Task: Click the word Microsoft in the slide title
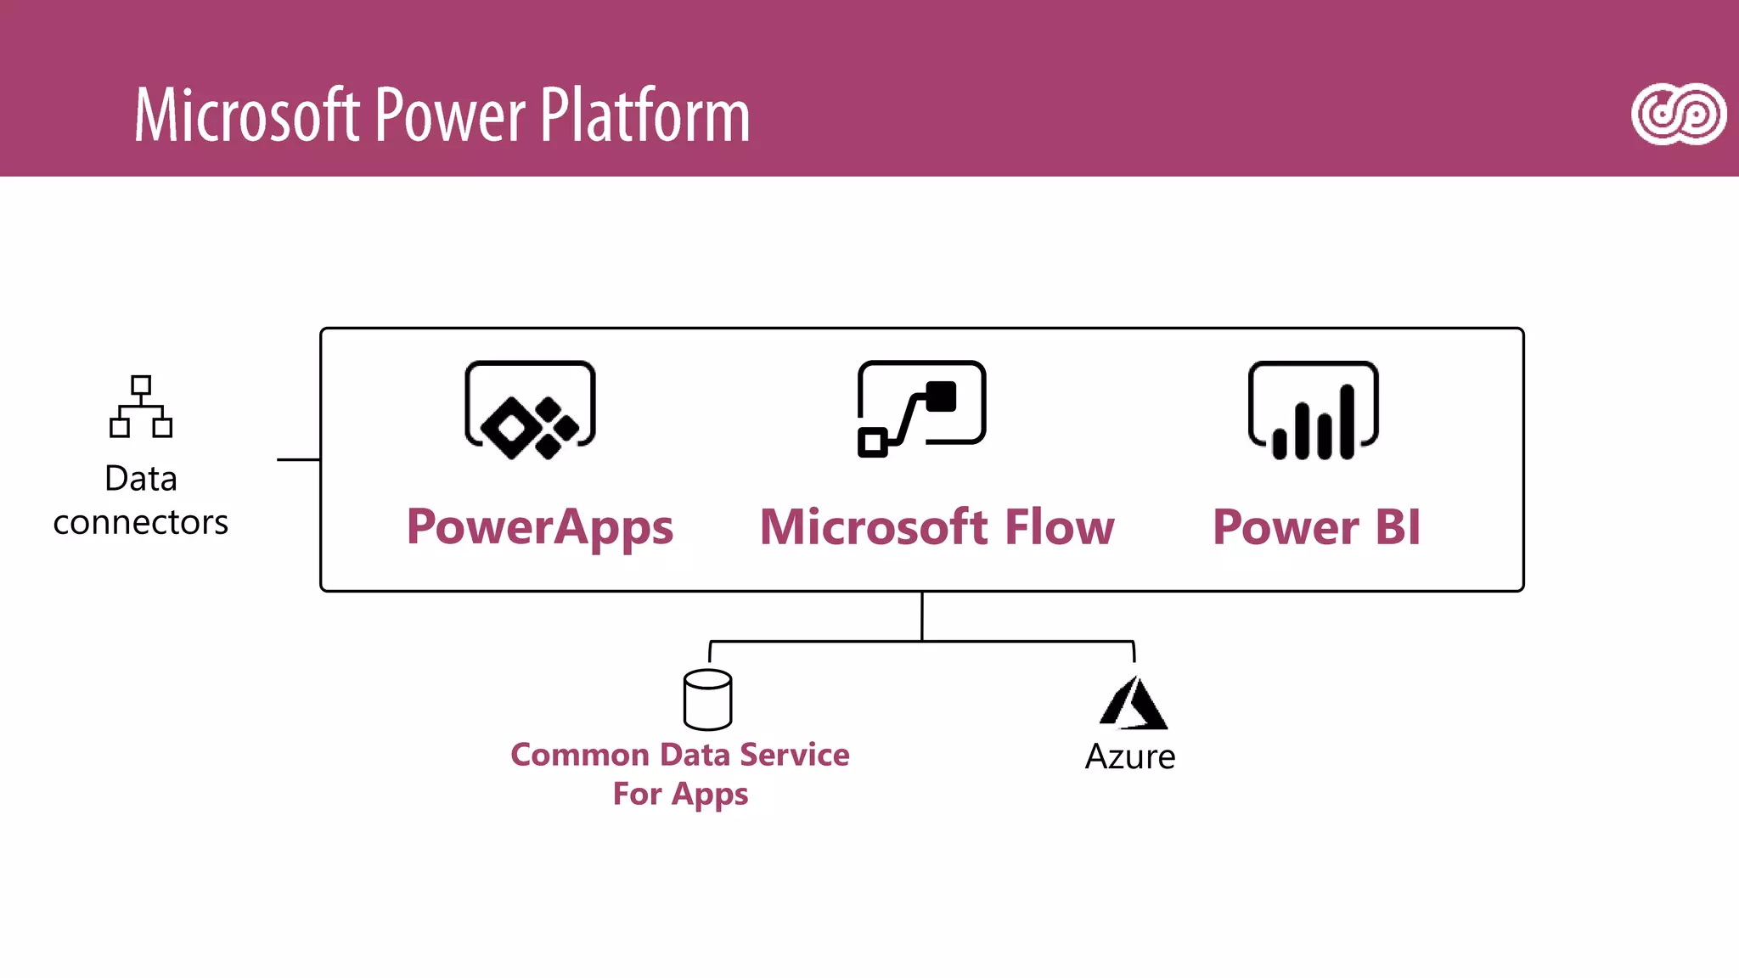[247, 115]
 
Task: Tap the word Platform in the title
[645, 115]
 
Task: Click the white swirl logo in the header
[1679, 115]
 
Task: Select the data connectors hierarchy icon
[141, 407]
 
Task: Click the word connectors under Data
[141, 523]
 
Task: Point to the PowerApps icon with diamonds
[530, 410]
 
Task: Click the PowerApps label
[540, 527]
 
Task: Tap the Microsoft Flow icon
[921, 408]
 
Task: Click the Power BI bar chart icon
[1313, 410]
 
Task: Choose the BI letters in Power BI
[1398, 527]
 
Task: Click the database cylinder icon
[707, 700]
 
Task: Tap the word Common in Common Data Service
[580, 755]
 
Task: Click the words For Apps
[680, 794]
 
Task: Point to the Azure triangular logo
[1133, 704]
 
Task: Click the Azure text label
[1130, 757]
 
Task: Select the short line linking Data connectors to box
[298, 459]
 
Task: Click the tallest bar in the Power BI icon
[1347, 422]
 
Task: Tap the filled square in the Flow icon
[941, 396]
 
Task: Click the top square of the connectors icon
[141, 385]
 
